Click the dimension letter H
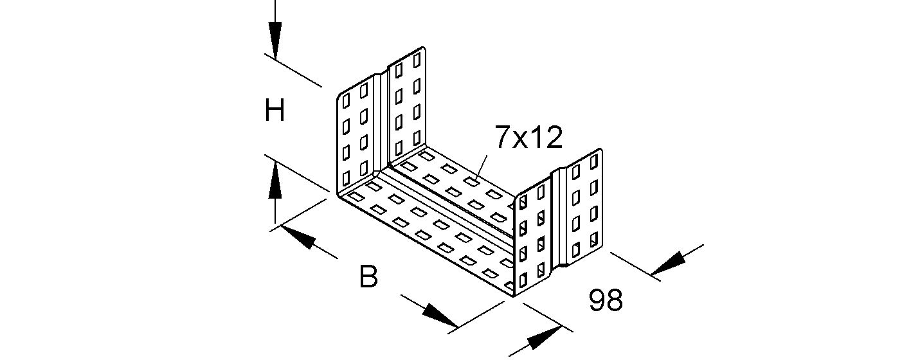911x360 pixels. (x=275, y=112)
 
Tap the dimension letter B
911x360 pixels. (x=368, y=278)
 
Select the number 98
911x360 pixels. (x=606, y=301)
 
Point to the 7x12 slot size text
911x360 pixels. (x=528, y=137)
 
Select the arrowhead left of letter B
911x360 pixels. (x=300, y=238)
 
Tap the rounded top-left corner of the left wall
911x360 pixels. (x=339, y=96)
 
